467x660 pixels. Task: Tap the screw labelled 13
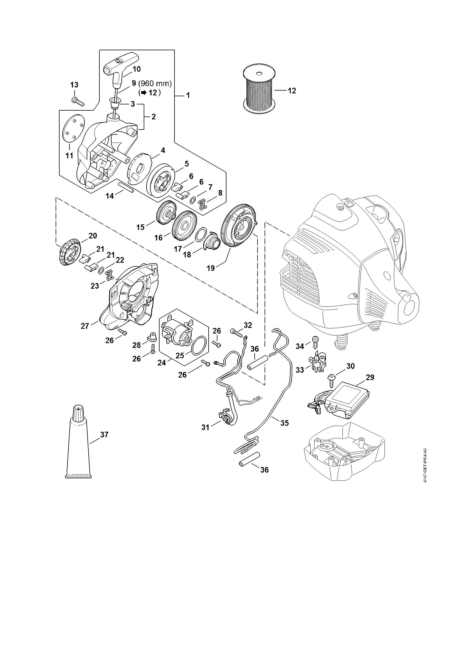coord(78,101)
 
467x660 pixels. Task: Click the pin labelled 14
coord(125,187)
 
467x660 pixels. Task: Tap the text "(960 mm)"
coord(155,84)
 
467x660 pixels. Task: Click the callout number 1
coord(188,95)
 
